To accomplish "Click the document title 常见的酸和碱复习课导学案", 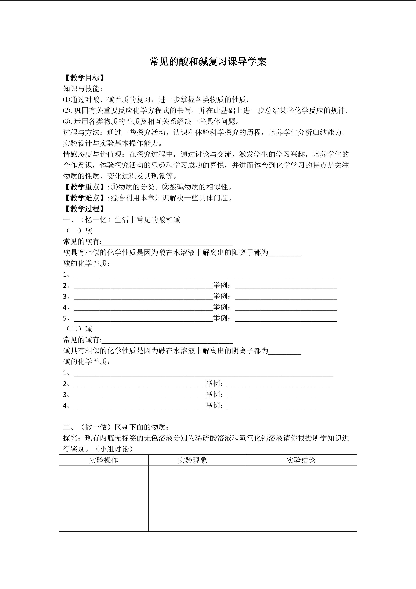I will (x=208, y=62).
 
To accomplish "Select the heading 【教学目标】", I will (x=85, y=78).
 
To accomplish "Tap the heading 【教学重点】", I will (x=85, y=187).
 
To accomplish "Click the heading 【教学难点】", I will (x=85, y=198).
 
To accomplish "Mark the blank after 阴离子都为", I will (x=285, y=351).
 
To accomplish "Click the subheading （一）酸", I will (x=78, y=231).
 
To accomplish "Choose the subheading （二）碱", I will (x=78, y=329).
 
